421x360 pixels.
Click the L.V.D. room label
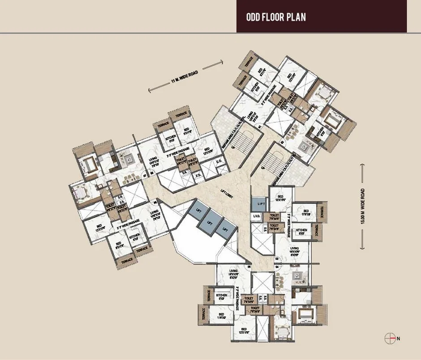[x=257, y=217]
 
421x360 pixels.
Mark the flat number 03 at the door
[x=277, y=259]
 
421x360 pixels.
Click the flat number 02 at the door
[x=282, y=142]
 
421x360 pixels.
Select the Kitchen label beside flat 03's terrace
[x=302, y=233]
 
